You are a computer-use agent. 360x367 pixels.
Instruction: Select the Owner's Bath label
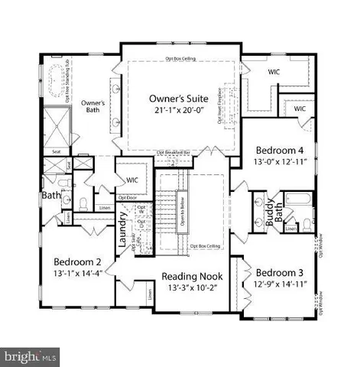(93, 106)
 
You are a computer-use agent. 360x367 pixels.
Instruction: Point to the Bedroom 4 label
(279, 149)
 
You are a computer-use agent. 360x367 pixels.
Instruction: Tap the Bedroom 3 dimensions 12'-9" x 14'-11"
(280, 286)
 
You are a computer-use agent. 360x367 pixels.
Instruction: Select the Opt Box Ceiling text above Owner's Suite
(180, 59)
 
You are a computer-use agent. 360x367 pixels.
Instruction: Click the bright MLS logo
(31, 356)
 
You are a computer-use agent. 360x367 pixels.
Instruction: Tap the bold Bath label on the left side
(50, 196)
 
